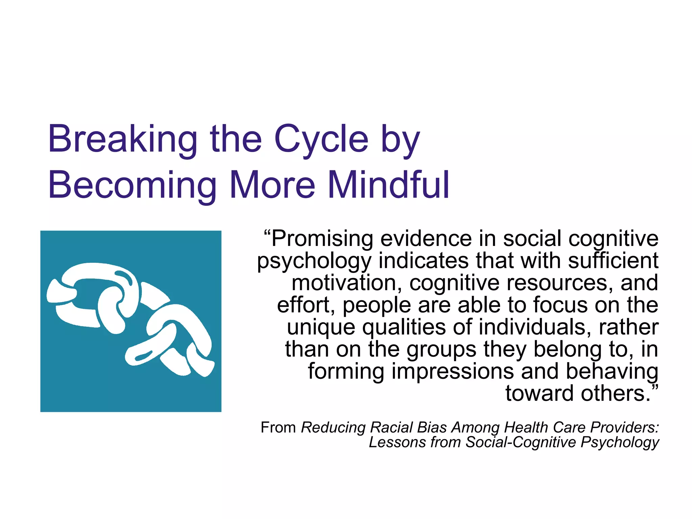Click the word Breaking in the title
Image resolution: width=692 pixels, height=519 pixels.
click(122, 140)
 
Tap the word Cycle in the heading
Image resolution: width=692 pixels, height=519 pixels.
click(321, 140)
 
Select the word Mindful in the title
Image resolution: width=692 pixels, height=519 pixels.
click(389, 185)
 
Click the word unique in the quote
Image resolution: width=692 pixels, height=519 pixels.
click(321, 328)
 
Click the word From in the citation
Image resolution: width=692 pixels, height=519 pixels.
click(278, 428)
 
